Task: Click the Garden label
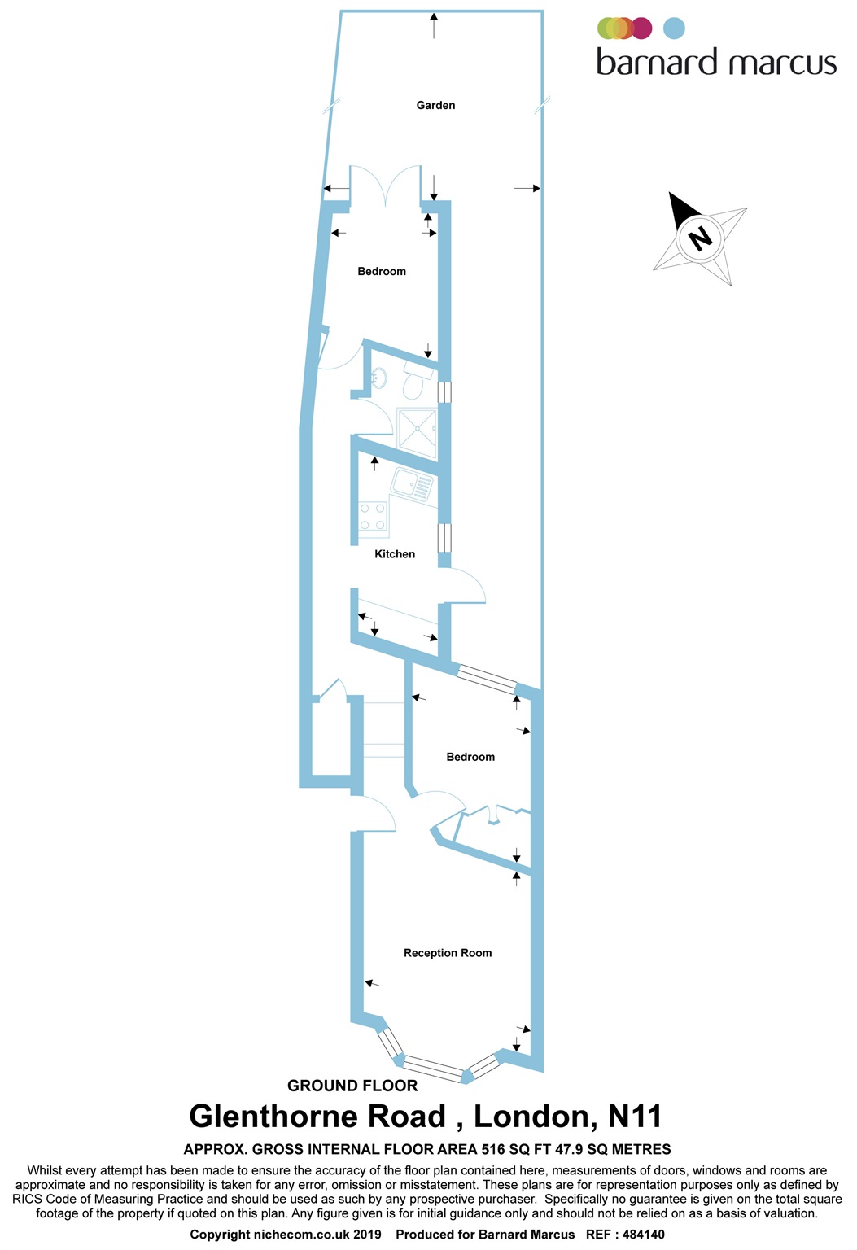435,105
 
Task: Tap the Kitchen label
395,554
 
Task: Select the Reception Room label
448,953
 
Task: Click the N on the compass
699,238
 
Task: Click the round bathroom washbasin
379,378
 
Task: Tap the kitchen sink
412,486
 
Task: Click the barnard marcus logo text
716,63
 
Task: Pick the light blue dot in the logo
674,28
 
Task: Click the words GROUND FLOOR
352,1086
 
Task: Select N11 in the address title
635,1117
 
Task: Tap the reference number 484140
643,1235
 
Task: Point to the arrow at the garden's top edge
435,26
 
